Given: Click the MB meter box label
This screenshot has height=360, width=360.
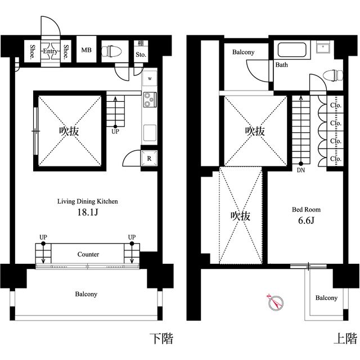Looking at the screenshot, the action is (86, 50).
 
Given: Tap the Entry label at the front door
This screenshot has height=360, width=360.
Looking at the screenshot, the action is (50, 51).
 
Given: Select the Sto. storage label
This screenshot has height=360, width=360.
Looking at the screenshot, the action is (141, 55).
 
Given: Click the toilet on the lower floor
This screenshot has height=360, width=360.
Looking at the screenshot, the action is (111, 51).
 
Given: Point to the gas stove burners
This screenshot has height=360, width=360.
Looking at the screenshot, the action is (150, 100).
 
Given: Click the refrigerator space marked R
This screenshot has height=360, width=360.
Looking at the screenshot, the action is (149, 158).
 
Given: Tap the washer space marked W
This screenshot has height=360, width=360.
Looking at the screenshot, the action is (150, 79).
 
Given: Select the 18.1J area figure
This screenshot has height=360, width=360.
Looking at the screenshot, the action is (88, 212).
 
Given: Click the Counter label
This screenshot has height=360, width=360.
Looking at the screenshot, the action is (88, 254).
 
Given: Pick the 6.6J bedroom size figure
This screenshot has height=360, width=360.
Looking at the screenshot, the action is (306, 220).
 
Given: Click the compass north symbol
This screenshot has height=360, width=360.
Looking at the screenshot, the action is (276, 302).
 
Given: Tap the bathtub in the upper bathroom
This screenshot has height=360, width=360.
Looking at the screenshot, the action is (292, 49).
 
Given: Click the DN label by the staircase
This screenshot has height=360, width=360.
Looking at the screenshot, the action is (301, 170).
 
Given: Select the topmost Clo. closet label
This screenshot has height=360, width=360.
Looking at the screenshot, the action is (336, 105).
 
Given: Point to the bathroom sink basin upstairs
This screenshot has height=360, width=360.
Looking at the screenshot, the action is (323, 47).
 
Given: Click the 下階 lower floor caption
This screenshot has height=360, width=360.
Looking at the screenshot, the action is (161, 339).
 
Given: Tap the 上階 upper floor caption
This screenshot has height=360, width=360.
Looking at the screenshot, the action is (345, 339).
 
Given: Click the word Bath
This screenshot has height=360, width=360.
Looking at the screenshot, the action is (281, 65).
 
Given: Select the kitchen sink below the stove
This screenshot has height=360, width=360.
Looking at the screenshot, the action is (150, 133).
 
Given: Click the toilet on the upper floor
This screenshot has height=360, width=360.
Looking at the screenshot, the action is (333, 75).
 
